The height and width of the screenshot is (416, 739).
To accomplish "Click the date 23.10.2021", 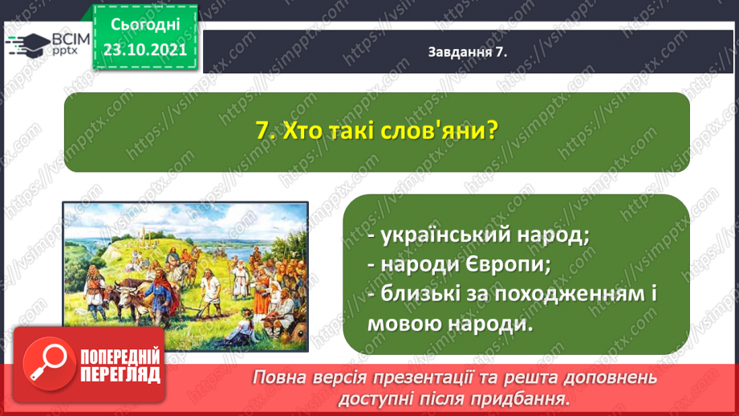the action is (x=145, y=50).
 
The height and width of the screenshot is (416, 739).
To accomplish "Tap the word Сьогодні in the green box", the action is (x=145, y=25).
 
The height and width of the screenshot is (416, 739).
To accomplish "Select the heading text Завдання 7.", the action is (x=468, y=52).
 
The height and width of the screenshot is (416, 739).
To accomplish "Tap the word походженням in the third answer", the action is (x=570, y=295).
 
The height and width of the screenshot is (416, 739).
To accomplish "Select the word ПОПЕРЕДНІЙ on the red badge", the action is (x=120, y=357).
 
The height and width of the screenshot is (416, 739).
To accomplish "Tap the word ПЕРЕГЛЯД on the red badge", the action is (x=120, y=374).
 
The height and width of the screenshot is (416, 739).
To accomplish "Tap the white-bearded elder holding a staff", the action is (x=239, y=279).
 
